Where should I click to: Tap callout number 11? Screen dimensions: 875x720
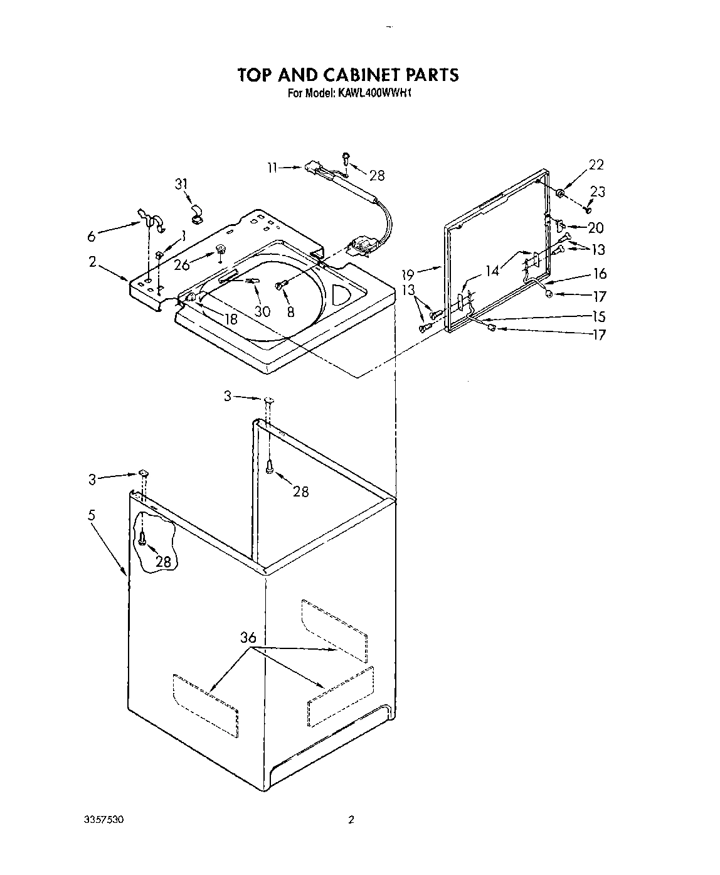point(270,168)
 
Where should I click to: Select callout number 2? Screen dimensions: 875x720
point(92,262)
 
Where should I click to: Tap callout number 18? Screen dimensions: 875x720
point(231,318)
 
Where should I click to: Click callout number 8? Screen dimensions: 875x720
point(290,311)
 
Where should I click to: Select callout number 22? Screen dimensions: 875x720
point(596,165)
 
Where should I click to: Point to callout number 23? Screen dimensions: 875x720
point(598,192)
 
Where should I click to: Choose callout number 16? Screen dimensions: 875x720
point(600,274)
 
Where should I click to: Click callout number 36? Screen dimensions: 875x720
point(248,638)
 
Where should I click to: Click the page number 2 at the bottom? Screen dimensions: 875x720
point(351,819)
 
